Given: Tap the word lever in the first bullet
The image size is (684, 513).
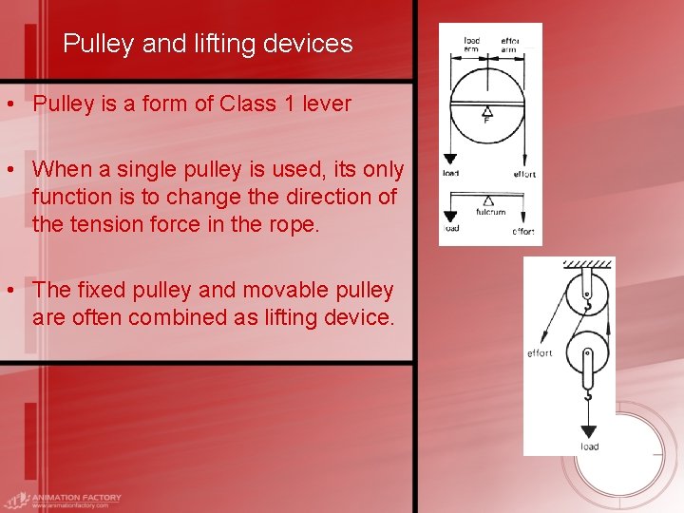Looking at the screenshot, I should click(x=324, y=104).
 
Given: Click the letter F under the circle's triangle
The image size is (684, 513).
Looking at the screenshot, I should click(x=486, y=121).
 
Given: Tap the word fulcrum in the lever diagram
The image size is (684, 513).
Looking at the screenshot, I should click(x=490, y=212).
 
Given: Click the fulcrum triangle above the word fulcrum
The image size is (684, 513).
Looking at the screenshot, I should click(x=488, y=200).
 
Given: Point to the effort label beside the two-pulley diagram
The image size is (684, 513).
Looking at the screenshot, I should click(x=540, y=353).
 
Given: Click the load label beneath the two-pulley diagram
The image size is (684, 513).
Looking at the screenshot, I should click(x=590, y=446).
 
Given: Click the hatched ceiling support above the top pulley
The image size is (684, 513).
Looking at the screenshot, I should click(x=586, y=264).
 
